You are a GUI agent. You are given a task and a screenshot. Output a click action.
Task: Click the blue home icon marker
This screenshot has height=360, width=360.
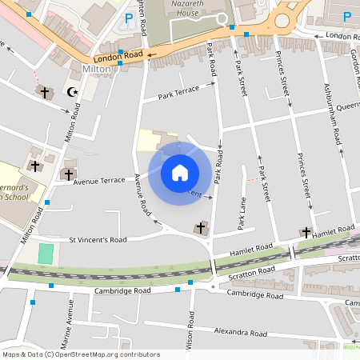click(x=180, y=171)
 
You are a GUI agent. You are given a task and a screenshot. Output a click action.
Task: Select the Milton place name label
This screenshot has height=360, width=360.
click(x=96, y=69)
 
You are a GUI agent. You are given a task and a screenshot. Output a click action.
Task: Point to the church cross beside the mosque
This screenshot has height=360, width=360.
click(x=45, y=92)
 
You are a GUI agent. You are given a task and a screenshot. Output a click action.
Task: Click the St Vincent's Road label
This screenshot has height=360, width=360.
click(x=98, y=239)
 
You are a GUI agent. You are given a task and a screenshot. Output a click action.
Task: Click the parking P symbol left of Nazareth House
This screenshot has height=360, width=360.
click(x=128, y=18)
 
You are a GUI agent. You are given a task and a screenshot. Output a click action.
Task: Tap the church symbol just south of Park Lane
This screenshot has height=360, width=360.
click(x=200, y=229)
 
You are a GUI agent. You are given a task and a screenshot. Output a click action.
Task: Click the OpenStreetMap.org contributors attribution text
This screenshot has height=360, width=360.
click(x=108, y=354)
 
